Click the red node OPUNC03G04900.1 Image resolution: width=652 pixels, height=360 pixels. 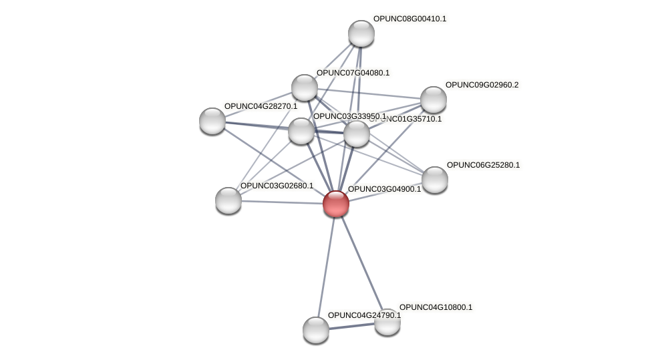pos(335,204)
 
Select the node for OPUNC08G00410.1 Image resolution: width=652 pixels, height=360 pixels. pos(361,33)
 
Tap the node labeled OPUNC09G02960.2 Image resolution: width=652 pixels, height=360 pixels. pos(433,100)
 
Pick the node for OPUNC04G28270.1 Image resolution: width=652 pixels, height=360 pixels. pos(212,120)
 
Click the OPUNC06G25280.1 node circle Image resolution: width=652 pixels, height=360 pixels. pos(434,179)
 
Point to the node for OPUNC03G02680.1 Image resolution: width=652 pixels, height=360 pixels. pos(228,200)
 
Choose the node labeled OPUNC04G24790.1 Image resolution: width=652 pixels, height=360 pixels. pos(315,329)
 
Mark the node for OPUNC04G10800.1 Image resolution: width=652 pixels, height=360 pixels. pos(387,322)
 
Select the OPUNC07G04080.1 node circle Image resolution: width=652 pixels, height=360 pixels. pos(305,87)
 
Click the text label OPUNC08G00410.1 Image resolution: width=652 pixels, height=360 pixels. pos(410,19)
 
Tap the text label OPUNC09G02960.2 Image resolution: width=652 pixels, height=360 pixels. pos(482,85)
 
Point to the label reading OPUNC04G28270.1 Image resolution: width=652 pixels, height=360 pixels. pos(261,106)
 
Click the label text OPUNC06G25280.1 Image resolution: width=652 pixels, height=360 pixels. pos(483,165)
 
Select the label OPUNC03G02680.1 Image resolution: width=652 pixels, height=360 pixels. pos(277,186)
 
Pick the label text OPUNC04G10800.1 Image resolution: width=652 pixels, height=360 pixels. pos(436,307)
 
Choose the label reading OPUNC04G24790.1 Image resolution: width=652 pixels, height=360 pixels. pos(364,315)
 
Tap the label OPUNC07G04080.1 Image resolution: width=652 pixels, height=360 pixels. pos(353,73)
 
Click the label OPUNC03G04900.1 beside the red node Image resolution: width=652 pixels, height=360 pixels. pos(384,189)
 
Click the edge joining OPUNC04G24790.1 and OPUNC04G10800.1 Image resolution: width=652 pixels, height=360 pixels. pos(351,326)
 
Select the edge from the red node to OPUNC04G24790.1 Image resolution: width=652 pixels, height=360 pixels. pos(325,267)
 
